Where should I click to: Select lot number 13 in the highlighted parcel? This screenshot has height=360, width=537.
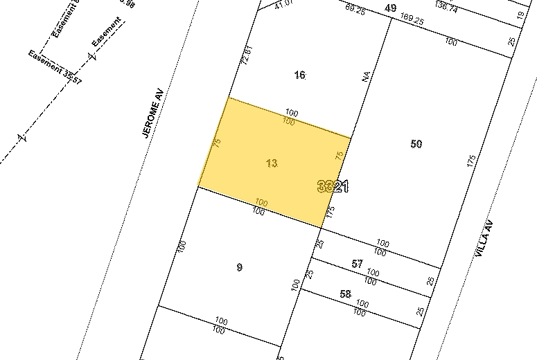pyautogui.click(x=272, y=163)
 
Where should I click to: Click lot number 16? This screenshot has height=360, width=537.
pyautogui.click(x=299, y=75)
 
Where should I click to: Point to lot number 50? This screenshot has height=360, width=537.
pyautogui.click(x=416, y=144)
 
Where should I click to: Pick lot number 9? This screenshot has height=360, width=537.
pyautogui.click(x=240, y=267)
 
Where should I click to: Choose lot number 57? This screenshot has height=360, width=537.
pyautogui.click(x=357, y=264)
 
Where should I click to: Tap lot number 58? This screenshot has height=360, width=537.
pyautogui.click(x=346, y=294)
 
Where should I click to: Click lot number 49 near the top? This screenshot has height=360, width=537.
pyautogui.click(x=390, y=8)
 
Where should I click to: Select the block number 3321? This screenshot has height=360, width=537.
pyautogui.click(x=332, y=187)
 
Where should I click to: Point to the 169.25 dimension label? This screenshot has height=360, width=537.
pyautogui.click(x=412, y=20)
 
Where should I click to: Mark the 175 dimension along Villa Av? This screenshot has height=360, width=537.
pyautogui.click(x=472, y=162)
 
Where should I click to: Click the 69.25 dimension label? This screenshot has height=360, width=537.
pyautogui.click(x=354, y=9)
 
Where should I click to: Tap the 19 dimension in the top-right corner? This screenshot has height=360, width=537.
pyautogui.click(x=519, y=14)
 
